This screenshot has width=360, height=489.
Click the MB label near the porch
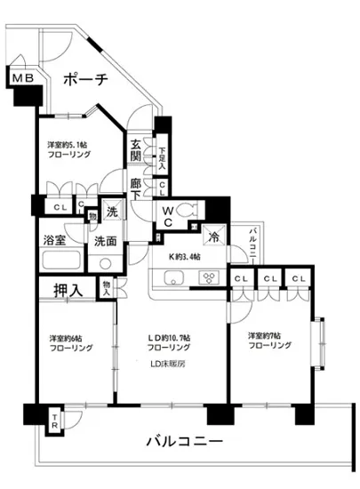click(x=22, y=79)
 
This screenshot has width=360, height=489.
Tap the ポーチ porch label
click(x=86, y=80)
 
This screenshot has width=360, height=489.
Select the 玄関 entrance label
click(x=136, y=150)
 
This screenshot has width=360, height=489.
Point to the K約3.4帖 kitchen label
click(x=184, y=256)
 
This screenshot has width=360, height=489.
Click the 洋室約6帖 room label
click(x=70, y=343)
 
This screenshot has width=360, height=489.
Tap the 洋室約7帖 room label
click(x=269, y=341)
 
